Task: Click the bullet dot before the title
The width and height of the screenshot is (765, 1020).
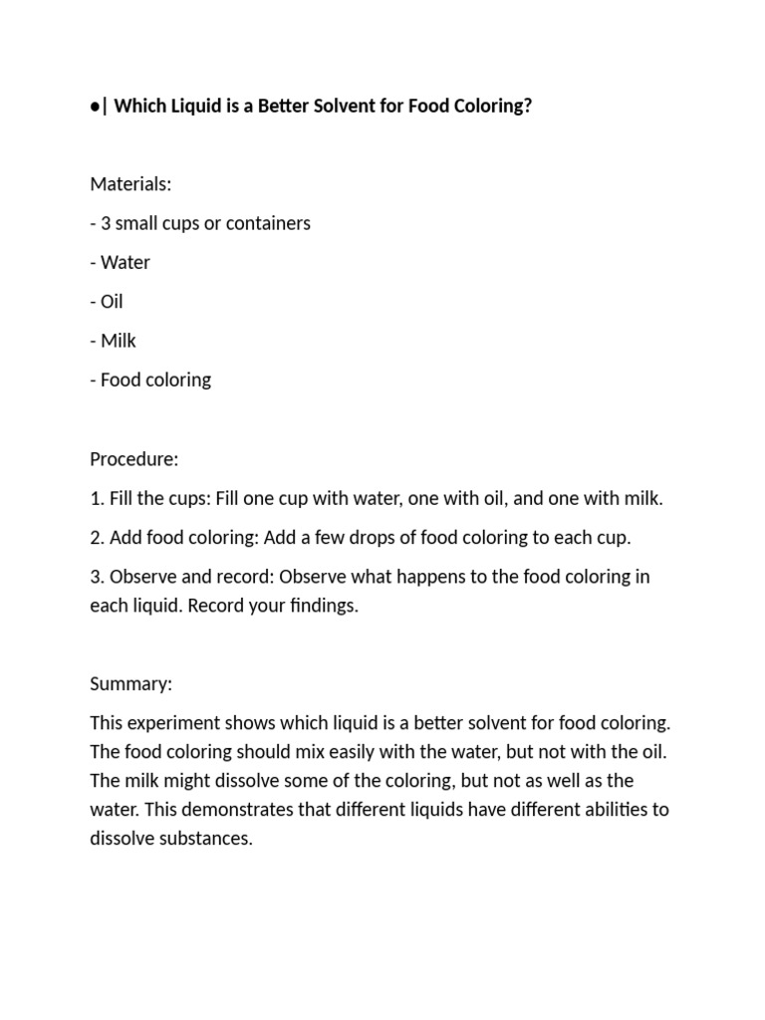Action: coord(95,107)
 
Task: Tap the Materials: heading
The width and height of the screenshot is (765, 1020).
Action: coord(130,184)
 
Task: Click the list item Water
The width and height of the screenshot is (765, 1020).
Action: coord(125,263)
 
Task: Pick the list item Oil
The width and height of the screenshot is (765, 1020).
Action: coord(112,302)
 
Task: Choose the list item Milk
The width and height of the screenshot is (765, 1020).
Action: coord(118,341)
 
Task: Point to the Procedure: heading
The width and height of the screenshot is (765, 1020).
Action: coord(133,459)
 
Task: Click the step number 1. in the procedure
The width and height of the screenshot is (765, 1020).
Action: coord(97,499)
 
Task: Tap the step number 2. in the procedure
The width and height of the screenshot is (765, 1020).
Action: coord(98,538)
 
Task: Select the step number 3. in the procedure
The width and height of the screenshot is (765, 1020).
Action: coord(98,577)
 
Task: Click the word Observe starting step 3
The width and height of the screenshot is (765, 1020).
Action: coord(141,577)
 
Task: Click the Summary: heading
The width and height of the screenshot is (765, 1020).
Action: coord(130,684)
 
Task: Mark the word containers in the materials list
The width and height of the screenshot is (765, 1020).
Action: coord(269,223)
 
